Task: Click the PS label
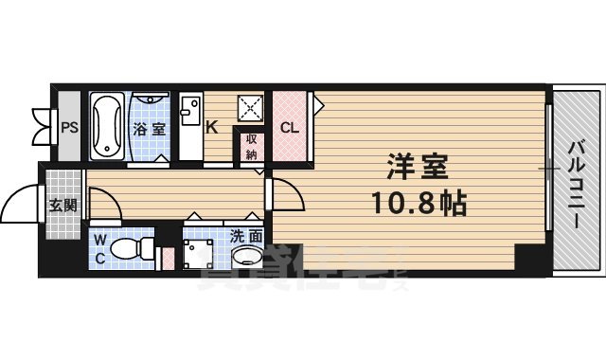pos(68,128)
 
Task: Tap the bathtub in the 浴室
pos(108,127)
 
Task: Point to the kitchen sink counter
pos(189,127)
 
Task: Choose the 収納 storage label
pos(252,146)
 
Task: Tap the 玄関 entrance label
pos(63,204)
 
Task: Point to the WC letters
pos(100,247)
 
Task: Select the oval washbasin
pos(249,257)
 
